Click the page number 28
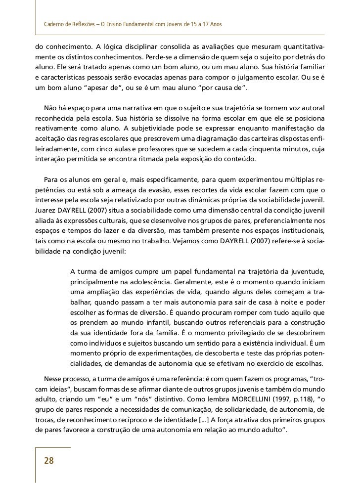pos(49,461)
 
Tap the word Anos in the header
pos(213,24)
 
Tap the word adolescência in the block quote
pos(150,283)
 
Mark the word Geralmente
pos(196,283)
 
